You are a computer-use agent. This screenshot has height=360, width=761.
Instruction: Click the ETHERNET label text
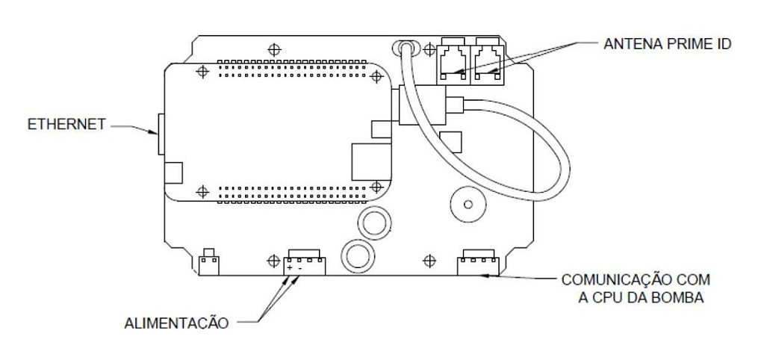[x=66, y=124]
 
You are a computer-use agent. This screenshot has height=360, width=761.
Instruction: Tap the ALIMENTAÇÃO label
[x=177, y=323]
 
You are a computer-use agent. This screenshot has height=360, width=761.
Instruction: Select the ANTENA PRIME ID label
[x=668, y=43]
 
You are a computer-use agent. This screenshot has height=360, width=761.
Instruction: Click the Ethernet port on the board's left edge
[x=161, y=134]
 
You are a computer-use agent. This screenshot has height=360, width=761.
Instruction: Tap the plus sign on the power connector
[x=289, y=268]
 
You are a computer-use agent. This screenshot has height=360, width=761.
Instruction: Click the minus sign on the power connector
[x=299, y=268]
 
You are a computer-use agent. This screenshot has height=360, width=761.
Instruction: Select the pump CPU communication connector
[x=478, y=262]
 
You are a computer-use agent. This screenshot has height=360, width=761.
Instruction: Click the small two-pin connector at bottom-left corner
[x=209, y=262]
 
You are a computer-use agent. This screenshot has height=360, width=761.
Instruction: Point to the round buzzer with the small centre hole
[x=468, y=204]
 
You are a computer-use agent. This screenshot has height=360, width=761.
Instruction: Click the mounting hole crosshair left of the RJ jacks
[x=429, y=49]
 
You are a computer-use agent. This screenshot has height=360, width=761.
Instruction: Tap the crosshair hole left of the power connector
[x=274, y=261]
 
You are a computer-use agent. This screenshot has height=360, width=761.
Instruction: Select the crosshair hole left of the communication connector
[x=429, y=261]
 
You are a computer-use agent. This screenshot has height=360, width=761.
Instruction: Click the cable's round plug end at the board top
[x=407, y=48]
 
